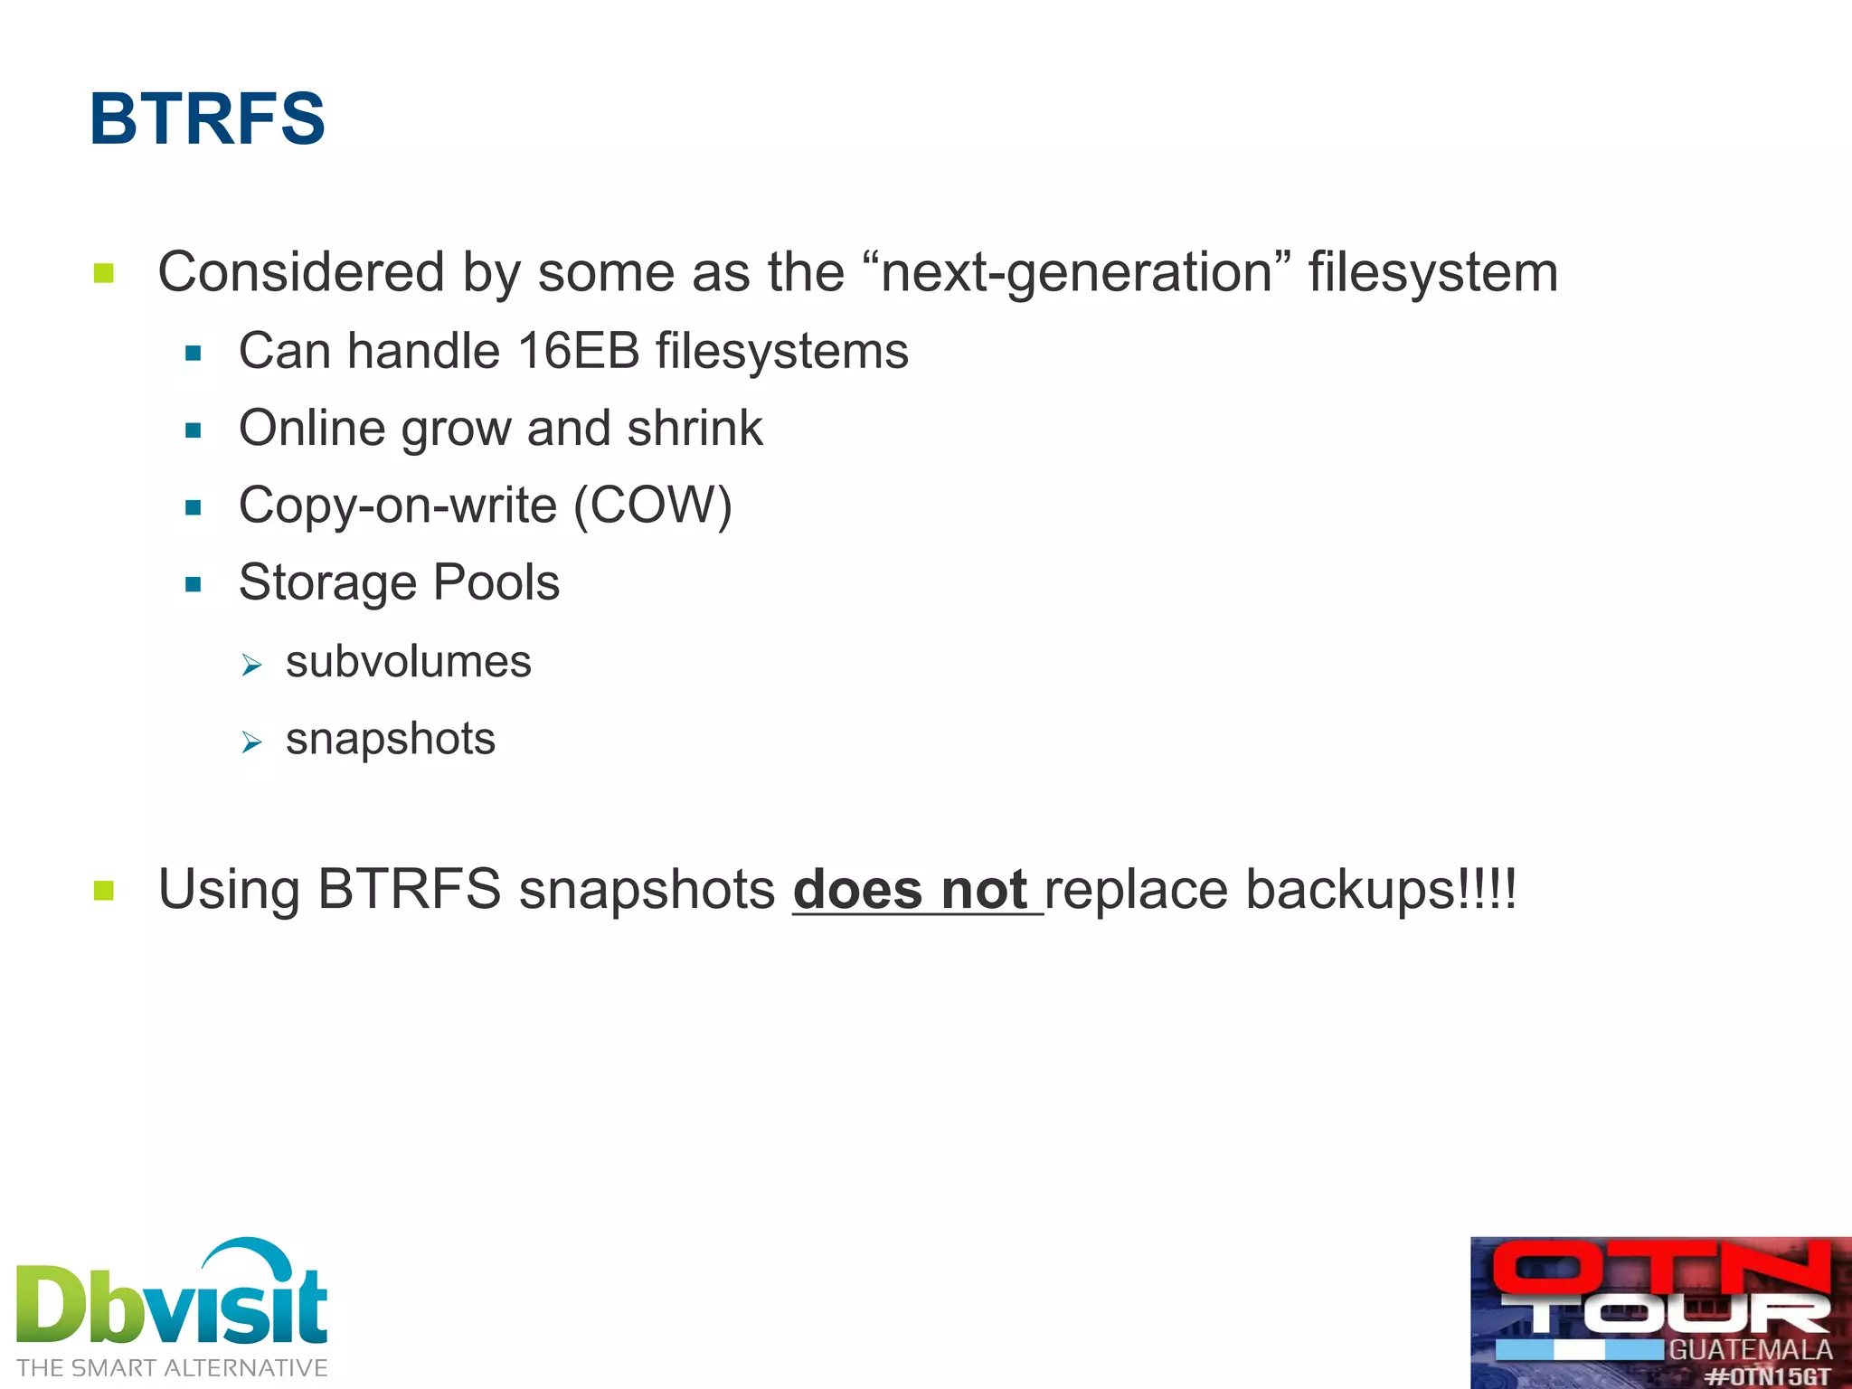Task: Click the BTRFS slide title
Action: tap(207, 118)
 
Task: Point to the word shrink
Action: tap(694, 428)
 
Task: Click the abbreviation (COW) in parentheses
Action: tap(653, 505)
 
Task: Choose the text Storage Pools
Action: tap(399, 582)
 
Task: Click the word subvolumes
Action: tap(408, 662)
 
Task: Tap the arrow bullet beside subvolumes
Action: tap(251, 666)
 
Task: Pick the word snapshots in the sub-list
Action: tap(390, 739)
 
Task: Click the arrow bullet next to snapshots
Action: tap(251, 742)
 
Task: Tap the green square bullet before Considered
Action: tap(104, 273)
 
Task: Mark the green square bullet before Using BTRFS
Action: tap(104, 892)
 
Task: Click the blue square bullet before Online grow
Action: tap(193, 430)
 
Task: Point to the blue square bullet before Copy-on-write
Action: tap(193, 507)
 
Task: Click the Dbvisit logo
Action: tap(172, 1295)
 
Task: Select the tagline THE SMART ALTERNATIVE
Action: tap(172, 1367)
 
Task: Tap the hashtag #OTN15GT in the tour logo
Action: tap(1768, 1376)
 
